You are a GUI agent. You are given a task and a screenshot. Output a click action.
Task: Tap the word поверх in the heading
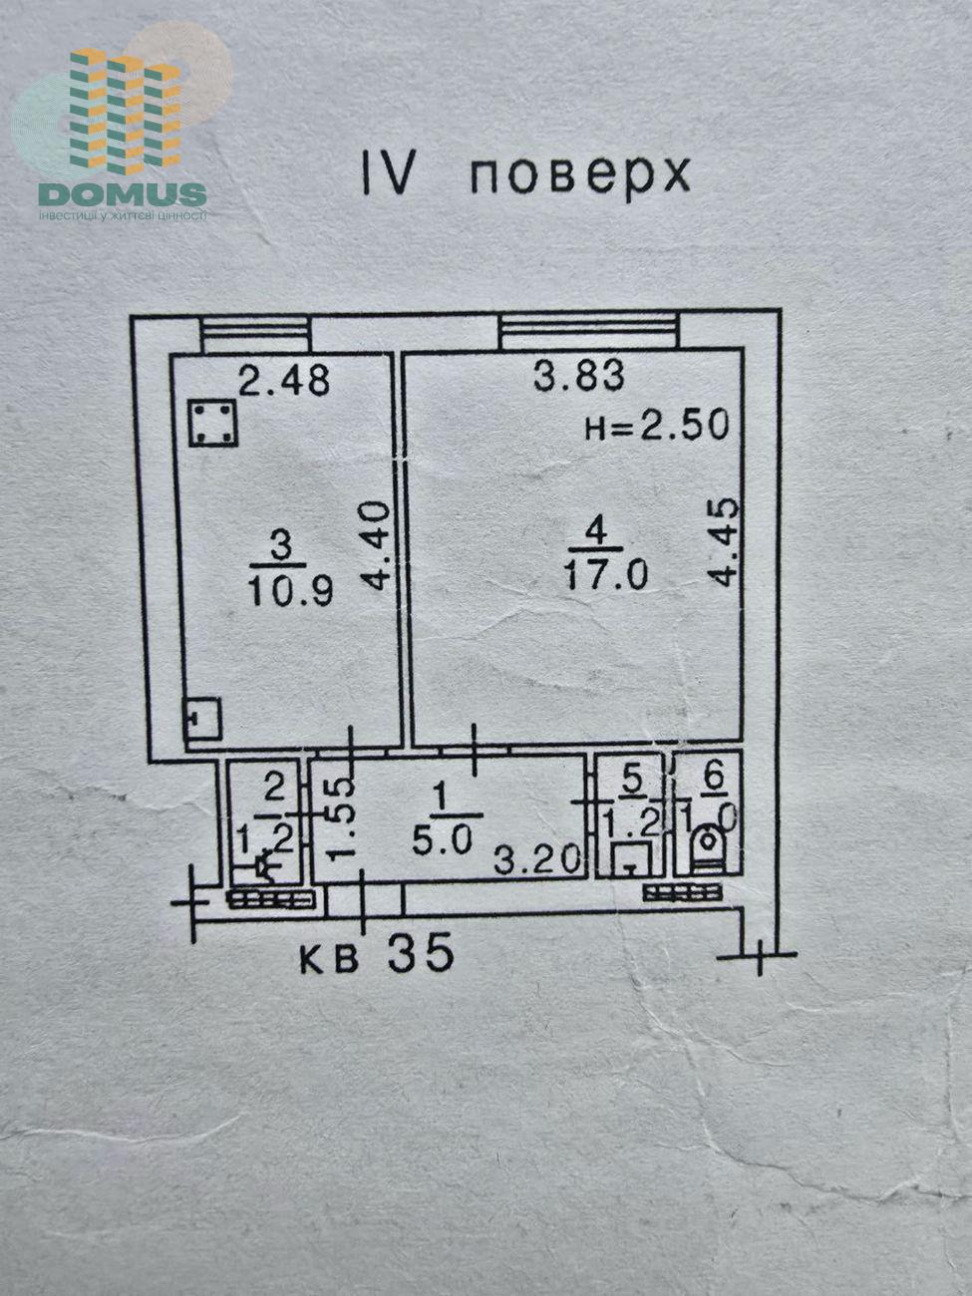click(579, 175)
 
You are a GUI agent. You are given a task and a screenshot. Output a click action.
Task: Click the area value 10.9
click(290, 590)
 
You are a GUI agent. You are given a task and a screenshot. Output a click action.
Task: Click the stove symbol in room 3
click(212, 423)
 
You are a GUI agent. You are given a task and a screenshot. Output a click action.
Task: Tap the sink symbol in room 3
click(203, 718)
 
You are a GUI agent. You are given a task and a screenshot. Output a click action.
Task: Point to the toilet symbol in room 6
click(709, 845)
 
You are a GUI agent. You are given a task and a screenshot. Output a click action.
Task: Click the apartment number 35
click(420, 954)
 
